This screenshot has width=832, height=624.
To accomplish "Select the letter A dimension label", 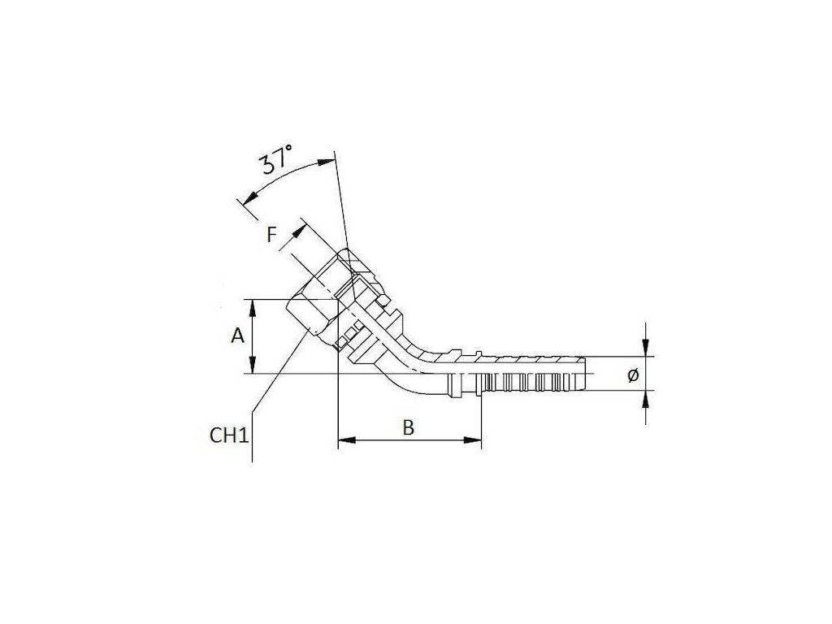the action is coord(237,335).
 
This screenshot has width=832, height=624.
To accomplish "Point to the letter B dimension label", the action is coord(409,427).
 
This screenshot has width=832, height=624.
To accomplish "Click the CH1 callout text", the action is coord(228,435).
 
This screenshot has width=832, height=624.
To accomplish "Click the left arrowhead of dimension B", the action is coord(343,442).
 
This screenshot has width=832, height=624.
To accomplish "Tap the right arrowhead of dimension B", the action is coord(475,442).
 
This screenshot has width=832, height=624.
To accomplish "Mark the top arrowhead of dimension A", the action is coord(255,305).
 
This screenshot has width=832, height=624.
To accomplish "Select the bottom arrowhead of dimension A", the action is coord(255,367).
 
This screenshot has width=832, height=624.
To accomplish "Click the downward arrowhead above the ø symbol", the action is coord(646,350).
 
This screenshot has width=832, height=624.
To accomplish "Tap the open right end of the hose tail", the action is coord(583,374).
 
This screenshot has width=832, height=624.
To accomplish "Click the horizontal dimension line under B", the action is coord(409,442).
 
